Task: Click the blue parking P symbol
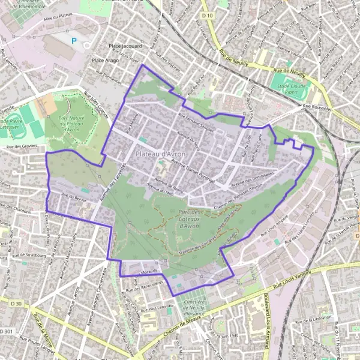[x=74, y=41]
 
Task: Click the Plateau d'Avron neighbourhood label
[x=161, y=154]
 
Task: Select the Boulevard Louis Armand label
[x=263, y=324]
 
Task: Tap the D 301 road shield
[x=6, y=332]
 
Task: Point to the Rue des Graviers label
[x=22, y=146]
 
